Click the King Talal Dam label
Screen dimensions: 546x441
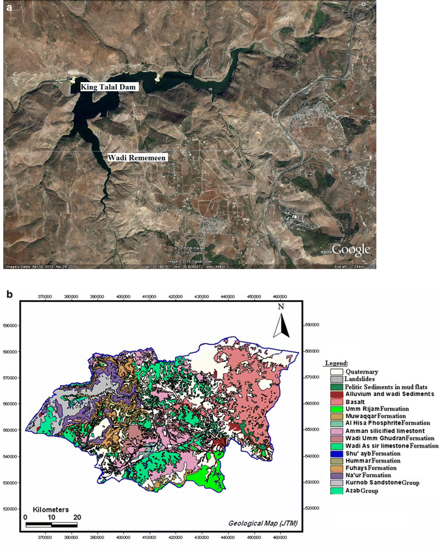coord(108,88)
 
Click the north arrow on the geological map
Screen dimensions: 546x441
coord(282,322)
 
